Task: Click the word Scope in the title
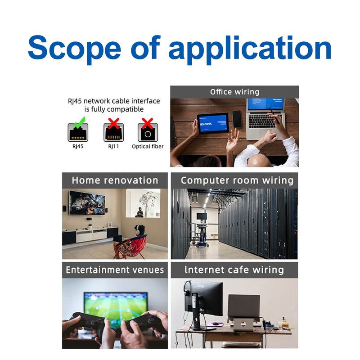(x=74, y=49)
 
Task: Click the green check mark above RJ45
(x=80, y=122)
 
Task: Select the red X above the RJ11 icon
(x=114, y=123)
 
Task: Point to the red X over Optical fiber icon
(x=147, y=123)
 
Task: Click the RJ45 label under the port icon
(x=78, y=147)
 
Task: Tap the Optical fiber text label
(x=148, y=147)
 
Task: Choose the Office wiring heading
(x=234, y=92)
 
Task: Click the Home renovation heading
(x=115, y=180)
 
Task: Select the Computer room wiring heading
(x=237, y=180)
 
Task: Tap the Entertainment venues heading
(x=115, y=270)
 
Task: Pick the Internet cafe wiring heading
(x=234, y=270)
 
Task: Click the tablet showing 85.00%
(x=213, y=123)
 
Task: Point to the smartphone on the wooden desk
(x=237, y=119)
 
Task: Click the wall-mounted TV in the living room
(x=87, y=203)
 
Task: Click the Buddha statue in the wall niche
(x=139, y=212)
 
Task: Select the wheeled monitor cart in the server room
(x=201, y=229)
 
